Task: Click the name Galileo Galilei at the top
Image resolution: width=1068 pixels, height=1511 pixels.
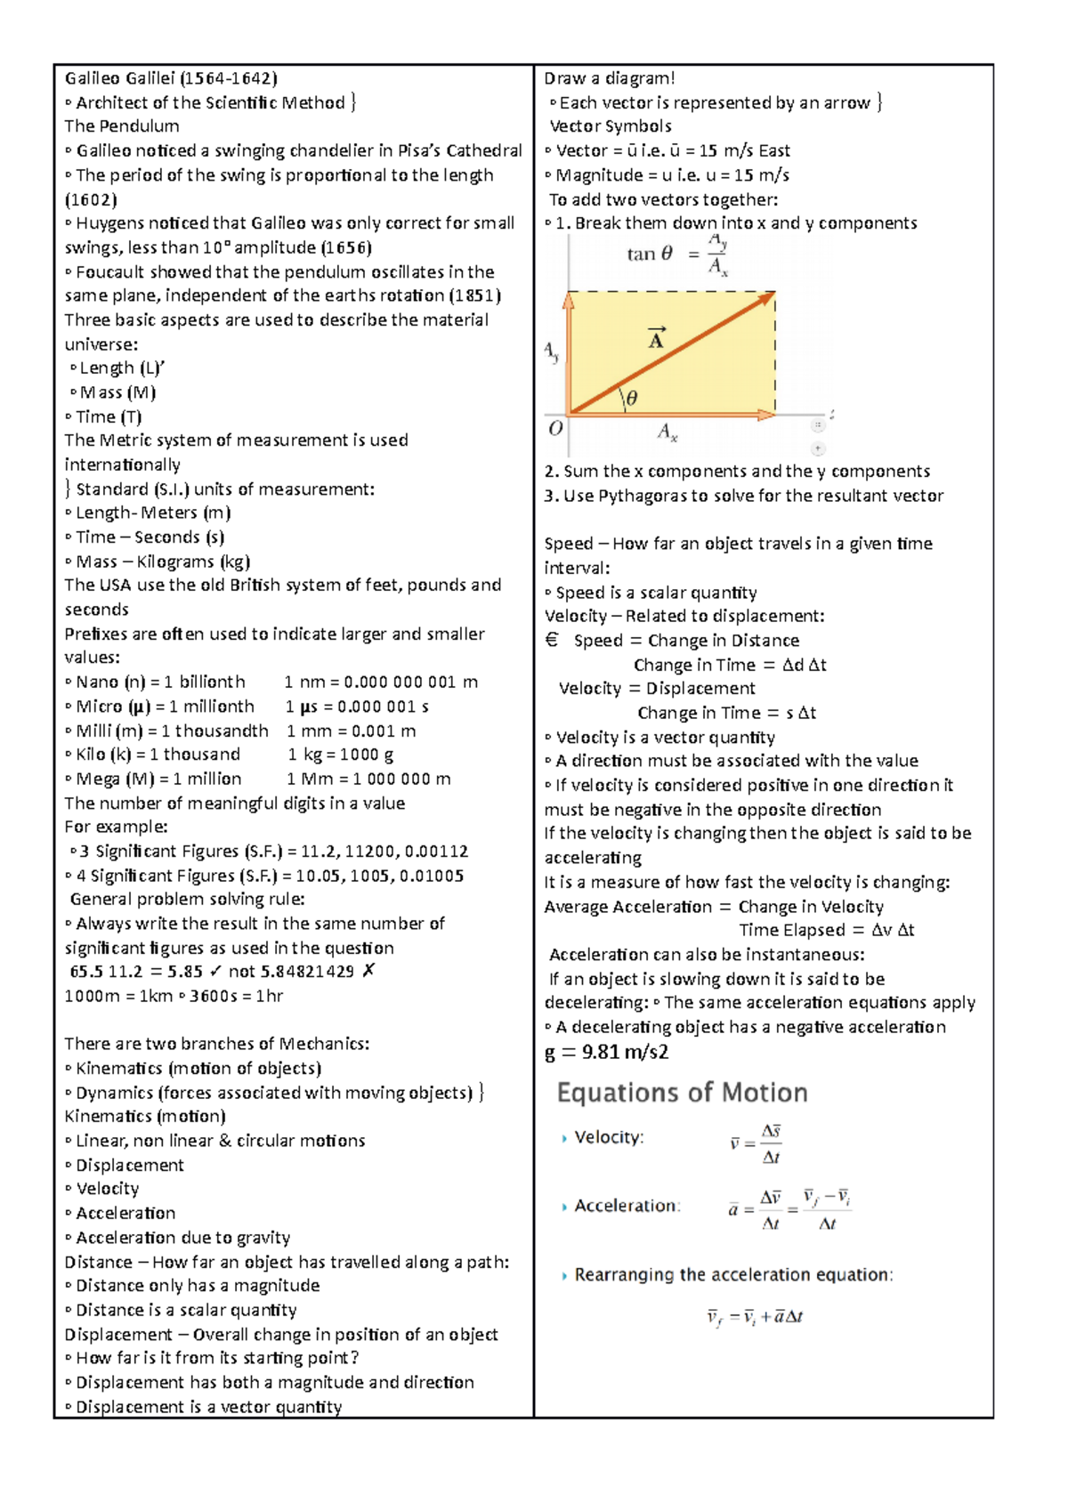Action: [x=119, y=78]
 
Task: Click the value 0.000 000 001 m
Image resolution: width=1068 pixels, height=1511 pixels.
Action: [x=410, y=683]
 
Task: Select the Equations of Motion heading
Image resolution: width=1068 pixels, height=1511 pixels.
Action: [x=682, y=1093]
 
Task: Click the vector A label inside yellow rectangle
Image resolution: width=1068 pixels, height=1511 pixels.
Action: [x=656, y=338]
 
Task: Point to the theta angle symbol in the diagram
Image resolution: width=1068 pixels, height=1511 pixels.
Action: [x=631, y=399]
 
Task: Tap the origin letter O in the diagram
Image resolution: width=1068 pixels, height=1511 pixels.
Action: [x=555, y=429]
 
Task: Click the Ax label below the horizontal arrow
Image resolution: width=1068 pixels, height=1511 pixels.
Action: [x=667, y=433]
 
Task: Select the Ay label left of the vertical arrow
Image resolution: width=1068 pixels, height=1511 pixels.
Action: [x=552, y=352]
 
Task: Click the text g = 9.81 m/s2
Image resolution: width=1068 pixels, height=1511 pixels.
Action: [x=606, y=1052]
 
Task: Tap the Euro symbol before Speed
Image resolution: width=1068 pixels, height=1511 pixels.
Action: [x=552, y=640]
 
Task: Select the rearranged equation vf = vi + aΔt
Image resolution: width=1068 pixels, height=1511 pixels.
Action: [x=755, y=1317]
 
